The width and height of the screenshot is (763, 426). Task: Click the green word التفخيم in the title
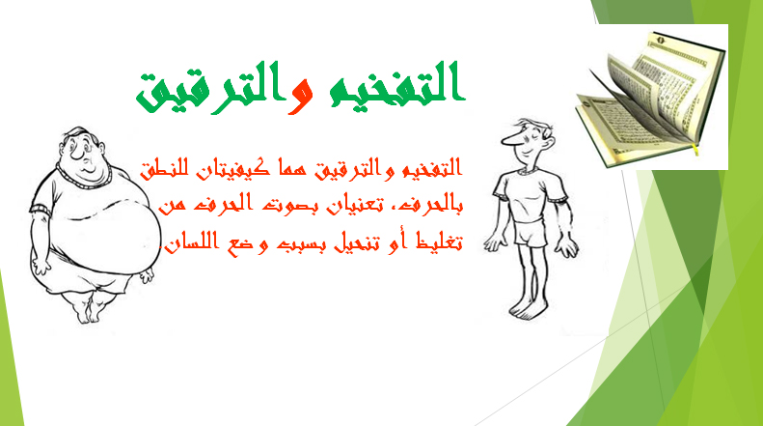[395, 84]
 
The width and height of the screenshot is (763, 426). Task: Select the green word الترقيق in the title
[210, 88]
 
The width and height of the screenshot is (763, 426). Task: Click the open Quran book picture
[650, 98]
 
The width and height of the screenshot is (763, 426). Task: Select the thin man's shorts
[529, 233]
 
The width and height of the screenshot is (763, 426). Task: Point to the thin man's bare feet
[527, 310]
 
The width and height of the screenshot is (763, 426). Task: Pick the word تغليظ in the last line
[439, 241]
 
